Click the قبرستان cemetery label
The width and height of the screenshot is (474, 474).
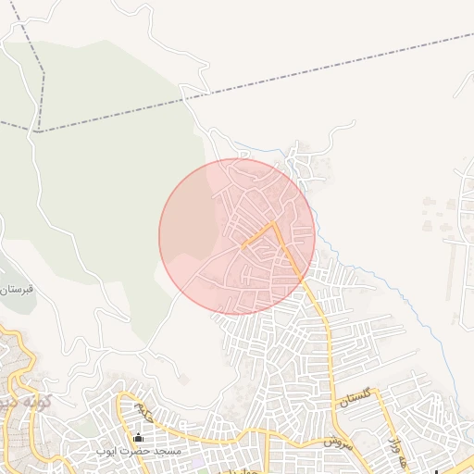pos(16,290)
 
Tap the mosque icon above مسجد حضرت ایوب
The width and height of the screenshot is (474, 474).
pos(139,438)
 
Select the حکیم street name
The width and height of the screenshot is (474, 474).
pos(144,406)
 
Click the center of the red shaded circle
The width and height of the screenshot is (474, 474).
pos(237,236)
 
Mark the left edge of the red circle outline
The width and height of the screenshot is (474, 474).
pos(159,237)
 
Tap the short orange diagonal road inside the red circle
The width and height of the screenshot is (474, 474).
pos(258,235)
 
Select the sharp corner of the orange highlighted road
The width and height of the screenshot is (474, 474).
pos(274,223)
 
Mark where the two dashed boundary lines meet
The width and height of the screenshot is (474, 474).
pos(39,131)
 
